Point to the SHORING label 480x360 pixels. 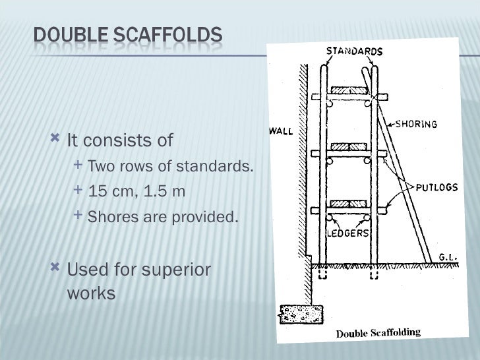click(x=417, y=123)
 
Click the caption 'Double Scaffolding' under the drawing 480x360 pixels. click(x=378, y=332)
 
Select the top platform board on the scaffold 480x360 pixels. click(x=349, y=90)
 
